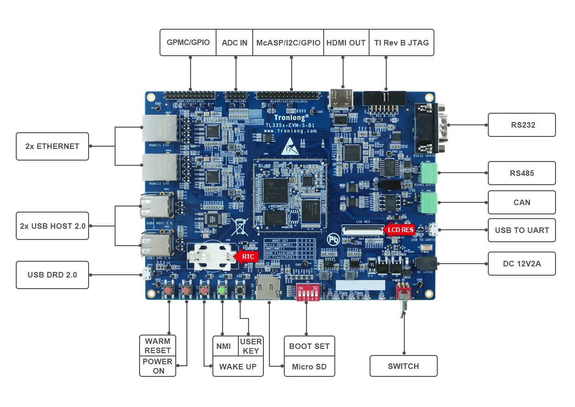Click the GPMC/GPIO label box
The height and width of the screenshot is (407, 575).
pos(188,43)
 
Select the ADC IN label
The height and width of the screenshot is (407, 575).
pos(234,43)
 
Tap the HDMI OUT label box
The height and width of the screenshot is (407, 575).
pos(346,43)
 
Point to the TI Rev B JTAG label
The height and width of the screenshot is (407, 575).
pos(402,43)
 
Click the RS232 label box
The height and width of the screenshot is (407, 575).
pos(522,125)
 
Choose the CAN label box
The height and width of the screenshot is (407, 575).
pos(522,202)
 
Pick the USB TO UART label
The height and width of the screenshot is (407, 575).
pos(522,230)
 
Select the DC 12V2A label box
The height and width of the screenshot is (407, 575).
pos(522,264)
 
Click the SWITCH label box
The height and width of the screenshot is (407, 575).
pos(403,366)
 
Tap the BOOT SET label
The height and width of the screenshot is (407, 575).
pos(309,346)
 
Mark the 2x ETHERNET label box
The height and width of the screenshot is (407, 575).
pos(52,146)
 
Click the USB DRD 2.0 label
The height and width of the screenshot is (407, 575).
pos(52,275)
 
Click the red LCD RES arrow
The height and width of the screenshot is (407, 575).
pos(399,230)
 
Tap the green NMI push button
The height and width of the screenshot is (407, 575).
pos(222,291)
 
